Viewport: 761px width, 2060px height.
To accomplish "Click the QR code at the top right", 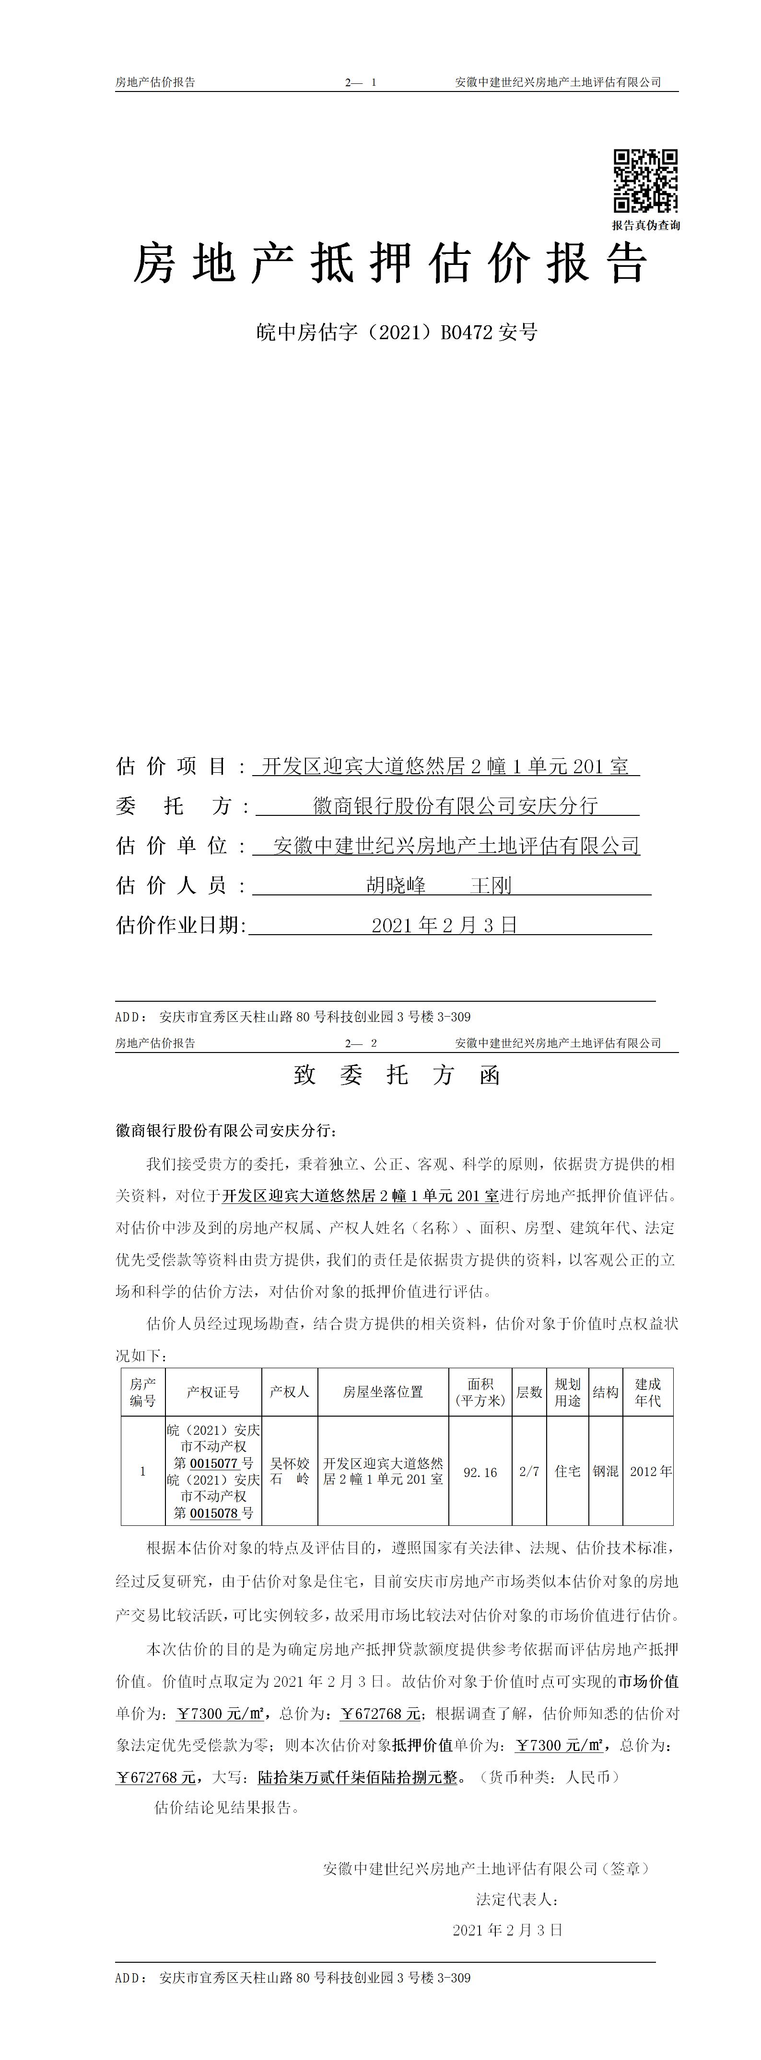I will tap(645, 181).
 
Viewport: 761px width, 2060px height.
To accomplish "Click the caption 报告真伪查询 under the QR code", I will tap(646, 226).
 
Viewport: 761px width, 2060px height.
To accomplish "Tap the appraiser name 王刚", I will tap(491, 885).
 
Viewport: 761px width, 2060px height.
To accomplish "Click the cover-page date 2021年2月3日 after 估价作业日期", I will tap(444, 925).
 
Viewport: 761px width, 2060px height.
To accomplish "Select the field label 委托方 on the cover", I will tap(175, 806).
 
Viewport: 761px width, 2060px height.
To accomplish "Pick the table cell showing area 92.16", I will tap(480, 1471).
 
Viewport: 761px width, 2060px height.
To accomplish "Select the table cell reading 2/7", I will tap(529, 1471).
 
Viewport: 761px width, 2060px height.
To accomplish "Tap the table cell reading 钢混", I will tap(605, 1471).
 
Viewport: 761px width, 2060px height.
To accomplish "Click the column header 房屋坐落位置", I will tap(383, 1392).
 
